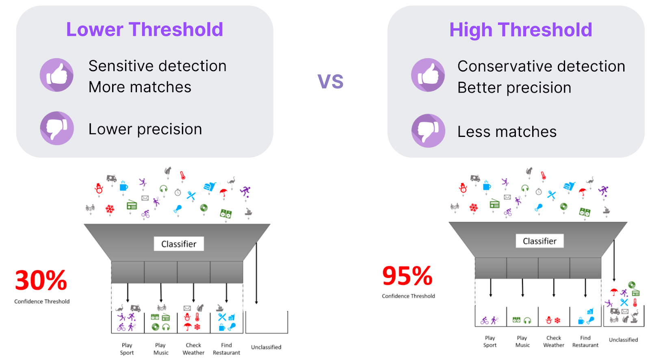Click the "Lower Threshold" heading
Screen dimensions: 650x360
click(145, 30)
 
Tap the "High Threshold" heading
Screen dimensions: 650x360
click(520, 30)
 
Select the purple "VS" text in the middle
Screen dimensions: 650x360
click(331, 81)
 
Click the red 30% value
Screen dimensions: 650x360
click(41, 280)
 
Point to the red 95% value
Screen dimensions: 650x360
click(407, 276)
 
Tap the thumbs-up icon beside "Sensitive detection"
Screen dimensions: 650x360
click(56, 75)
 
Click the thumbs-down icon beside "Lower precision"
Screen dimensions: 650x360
click(57, 128)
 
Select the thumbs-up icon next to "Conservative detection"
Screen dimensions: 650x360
click(428, 75)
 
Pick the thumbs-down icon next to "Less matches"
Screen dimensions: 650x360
click(428, 131)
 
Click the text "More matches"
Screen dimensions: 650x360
click(140, 87)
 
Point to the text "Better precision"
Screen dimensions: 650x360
click(514, 88)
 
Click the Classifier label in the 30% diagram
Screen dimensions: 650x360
click(179, 244)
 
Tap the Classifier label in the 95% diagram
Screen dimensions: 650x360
click(540, 241)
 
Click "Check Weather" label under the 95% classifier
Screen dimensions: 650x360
click(554, 341)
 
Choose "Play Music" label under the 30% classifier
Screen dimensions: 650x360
click(161, 349)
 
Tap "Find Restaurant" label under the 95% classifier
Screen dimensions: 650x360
click(585, 341)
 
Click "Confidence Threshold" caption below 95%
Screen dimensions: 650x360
click(408, 296)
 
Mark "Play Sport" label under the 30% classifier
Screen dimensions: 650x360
click(127, 349)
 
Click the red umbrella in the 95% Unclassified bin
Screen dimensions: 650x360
click(614, 291)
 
